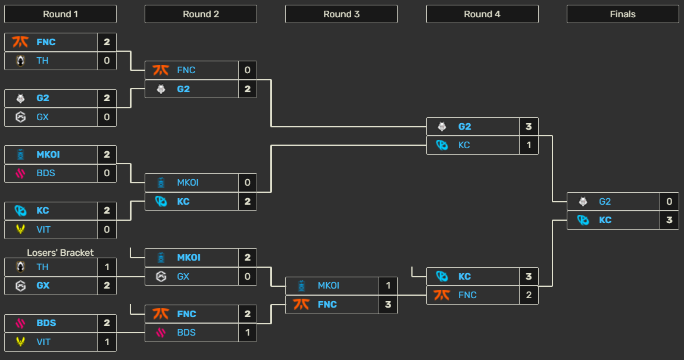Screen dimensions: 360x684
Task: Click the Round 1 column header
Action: click(60, 14)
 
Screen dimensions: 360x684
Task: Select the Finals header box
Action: click(623, 14)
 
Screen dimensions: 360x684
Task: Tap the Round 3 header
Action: click(341, 14)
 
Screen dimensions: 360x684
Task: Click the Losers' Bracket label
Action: click(60, 253)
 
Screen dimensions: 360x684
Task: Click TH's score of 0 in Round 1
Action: click(107, 61)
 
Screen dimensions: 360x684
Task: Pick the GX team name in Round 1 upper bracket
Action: click(42, 117)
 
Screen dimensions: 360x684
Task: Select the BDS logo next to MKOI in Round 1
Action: click(21, 173)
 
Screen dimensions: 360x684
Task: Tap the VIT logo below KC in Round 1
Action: click(21, 230)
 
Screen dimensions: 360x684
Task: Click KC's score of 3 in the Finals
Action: click(669, 220)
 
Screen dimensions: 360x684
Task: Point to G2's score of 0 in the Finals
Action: click(669, 202)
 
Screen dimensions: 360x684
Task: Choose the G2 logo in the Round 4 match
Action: click(442, 127)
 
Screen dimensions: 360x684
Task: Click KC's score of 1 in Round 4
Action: click(529, 145)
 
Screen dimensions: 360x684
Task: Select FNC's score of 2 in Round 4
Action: click(529, 295)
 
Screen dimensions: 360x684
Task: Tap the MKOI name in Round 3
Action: click(329, 286)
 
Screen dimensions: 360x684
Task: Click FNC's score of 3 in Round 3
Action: click(388, 305)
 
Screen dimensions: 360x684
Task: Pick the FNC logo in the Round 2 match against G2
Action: click(161, 70)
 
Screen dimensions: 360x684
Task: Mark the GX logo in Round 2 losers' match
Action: click(161, 277)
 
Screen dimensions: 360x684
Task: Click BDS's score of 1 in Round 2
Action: click(247, 333)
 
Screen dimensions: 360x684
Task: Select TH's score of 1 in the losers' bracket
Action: click(107, 267)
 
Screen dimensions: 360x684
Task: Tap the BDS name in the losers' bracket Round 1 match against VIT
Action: click(46, 323)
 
